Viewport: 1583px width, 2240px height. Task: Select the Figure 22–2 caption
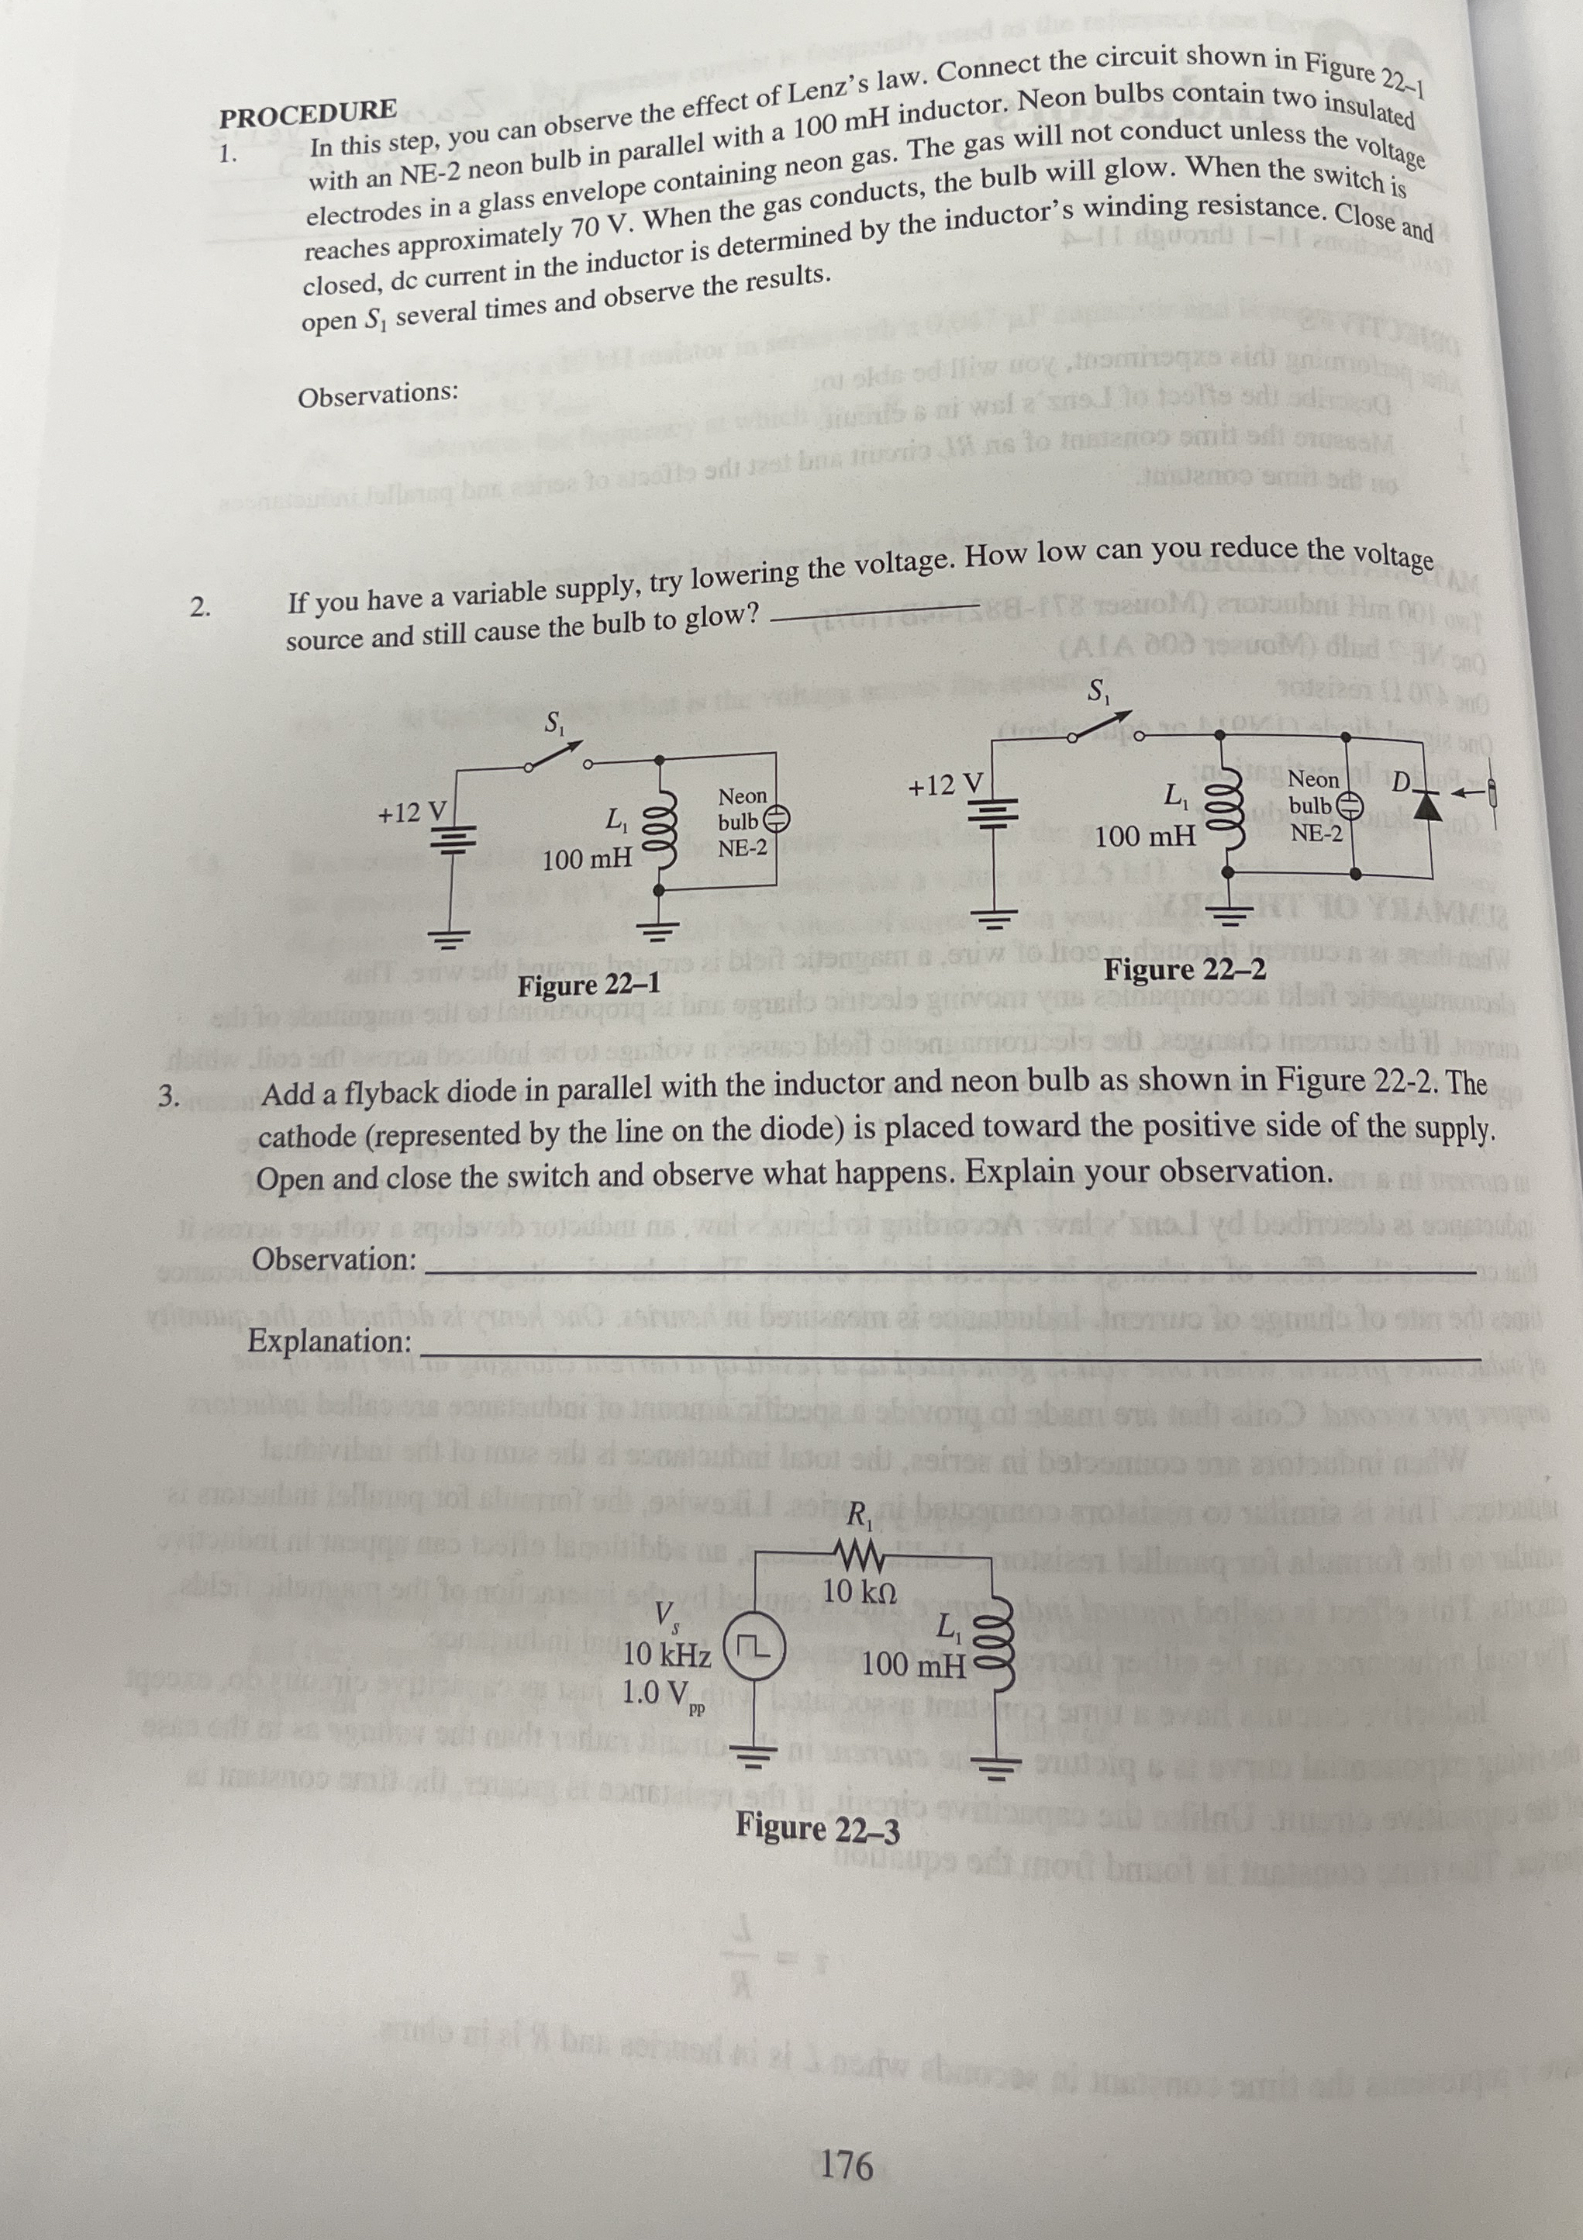pos(1185,971)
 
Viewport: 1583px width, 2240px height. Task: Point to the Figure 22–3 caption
pos(817,1825)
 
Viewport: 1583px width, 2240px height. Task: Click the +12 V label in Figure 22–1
pos(412,811)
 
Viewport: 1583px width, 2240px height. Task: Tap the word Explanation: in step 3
pos(329,1341)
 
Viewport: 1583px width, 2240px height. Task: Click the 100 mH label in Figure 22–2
pos(1144,836)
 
